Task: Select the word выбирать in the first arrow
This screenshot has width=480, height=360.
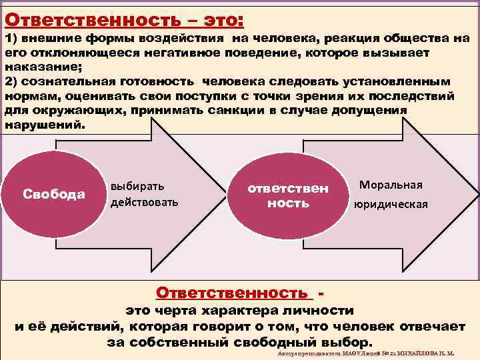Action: tap(137, 186)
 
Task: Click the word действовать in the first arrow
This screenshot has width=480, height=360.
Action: tap(145, 201)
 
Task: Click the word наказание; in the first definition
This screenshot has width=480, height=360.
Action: tap(37, 67)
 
